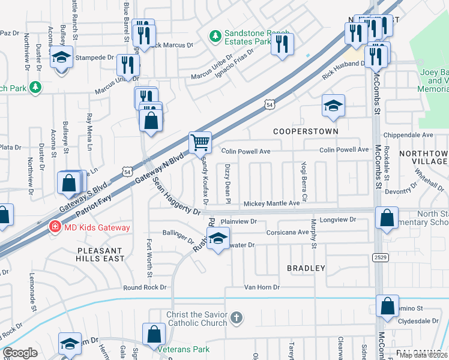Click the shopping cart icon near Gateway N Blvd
pos(200,143)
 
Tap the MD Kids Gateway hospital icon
pos(55,227)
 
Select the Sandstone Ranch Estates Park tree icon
pos(215,37)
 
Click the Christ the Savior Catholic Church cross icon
pos(237,317)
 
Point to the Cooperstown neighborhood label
pos(306,131)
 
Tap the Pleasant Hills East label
pos(100,254)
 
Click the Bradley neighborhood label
pos(306,268)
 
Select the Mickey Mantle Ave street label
pos(271,204)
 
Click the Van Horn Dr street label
pos(262,288)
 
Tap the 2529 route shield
pos(379,257)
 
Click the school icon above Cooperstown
pos(333,106)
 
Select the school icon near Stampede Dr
pos(62,58)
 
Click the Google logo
pos(20,353)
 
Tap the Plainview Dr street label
pos(239,221)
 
